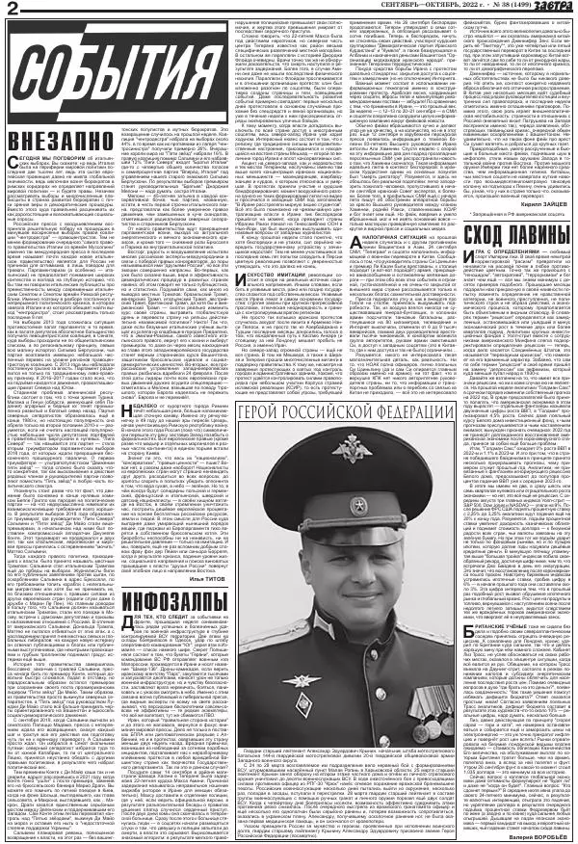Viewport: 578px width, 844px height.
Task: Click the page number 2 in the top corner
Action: [13, 9]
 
